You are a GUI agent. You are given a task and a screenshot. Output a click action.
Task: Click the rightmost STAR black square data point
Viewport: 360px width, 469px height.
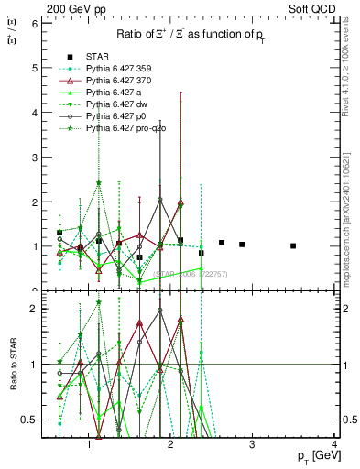coord(293,245)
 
